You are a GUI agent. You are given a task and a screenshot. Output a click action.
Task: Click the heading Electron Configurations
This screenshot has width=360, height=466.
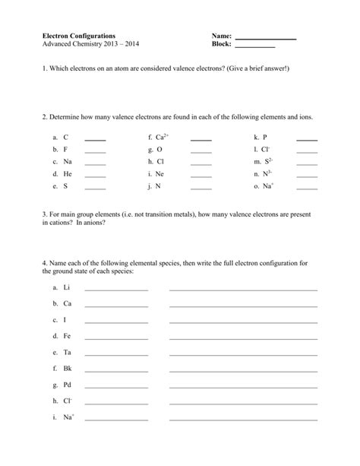coord(79,36)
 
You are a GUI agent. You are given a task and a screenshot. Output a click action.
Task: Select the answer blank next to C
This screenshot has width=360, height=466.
coord(95,141)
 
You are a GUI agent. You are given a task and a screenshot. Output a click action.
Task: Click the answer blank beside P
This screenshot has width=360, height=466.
coord(306,141)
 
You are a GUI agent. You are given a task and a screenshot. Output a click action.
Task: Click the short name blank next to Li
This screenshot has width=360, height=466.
coord(116,290)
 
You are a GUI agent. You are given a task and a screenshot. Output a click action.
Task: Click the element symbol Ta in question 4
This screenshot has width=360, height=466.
coord(68,352)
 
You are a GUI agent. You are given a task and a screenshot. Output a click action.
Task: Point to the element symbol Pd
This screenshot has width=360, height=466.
coord(68,385)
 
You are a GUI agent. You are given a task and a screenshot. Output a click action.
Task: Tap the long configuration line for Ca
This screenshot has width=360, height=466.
coord(243,306)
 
